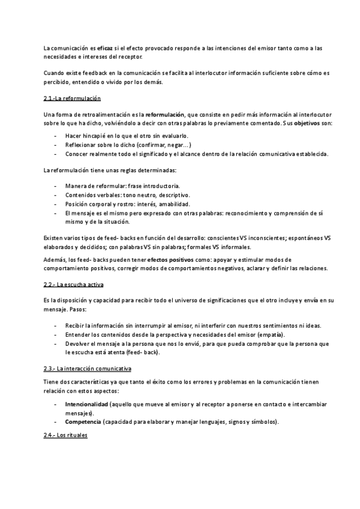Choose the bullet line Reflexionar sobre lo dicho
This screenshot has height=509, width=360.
[128, 145]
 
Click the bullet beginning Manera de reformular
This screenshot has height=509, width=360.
[122, 186]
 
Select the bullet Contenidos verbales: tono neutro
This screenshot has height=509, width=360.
[127, 195]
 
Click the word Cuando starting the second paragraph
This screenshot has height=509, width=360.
[56, 73]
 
